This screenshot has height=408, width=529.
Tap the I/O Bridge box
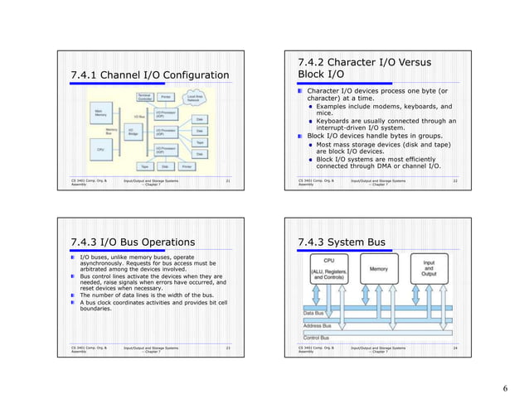click(x=133, y=132)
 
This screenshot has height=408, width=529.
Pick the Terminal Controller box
click(x=144, y=98)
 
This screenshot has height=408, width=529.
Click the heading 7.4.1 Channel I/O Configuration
click(x=149, y=77)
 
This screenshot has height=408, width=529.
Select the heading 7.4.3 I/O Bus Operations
click(x=133, y=242)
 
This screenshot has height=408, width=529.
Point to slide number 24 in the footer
click(x=454, y=348)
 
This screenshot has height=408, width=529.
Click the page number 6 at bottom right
click(x=505, y=387)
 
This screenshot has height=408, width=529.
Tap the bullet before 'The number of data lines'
click(x=73, y=294)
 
